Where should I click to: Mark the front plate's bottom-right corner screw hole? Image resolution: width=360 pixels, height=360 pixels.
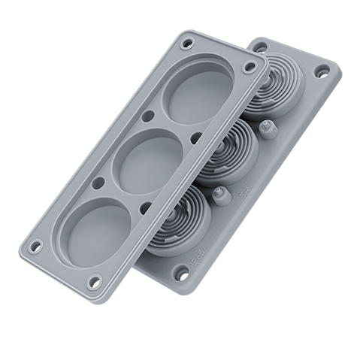click(x=94, y=281)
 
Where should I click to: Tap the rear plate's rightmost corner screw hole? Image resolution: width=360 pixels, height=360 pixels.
click(x=323, y=74)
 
